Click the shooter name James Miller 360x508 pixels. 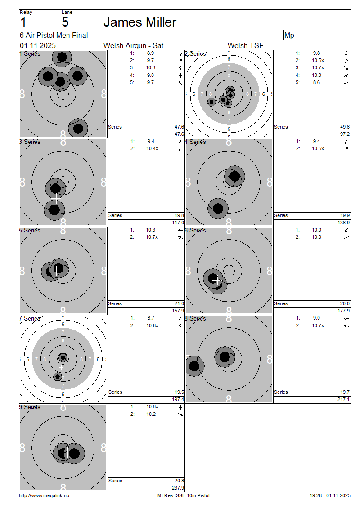pos(140,22)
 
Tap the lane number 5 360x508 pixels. pos(65,22)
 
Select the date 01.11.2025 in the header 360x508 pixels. pos(38,46)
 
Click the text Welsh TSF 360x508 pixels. pos(246,46)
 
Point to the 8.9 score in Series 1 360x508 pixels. pos(150,53)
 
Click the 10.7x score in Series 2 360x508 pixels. pos(318,67)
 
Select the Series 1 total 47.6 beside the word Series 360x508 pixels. pos(180,127)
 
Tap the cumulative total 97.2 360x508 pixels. pos(345,134)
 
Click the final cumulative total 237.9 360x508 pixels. pos(178,488)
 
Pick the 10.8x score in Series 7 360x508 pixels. pos(152,325)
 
